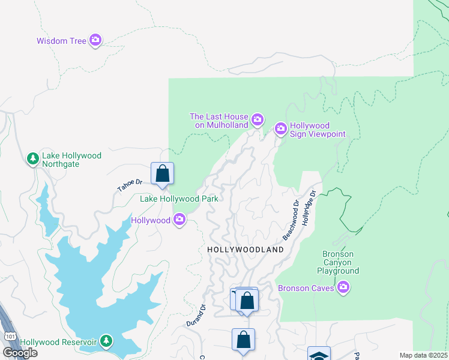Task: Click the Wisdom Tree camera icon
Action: (x=95, y=40)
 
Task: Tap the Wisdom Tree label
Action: (x=62, y=41)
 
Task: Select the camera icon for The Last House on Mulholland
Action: (x=257, y=120)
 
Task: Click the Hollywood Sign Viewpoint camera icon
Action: (x=280, y=128)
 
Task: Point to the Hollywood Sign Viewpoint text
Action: (x=318, y=130)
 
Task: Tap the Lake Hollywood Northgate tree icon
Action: (x=32, y=159)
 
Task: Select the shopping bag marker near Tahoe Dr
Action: (x=162, y=174)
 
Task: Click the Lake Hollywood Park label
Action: (x=178, y=199)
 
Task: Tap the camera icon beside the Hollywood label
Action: (x=179, y=220)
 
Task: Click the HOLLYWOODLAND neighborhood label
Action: (x=245, y=249)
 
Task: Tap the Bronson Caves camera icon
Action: (x=343, y=288)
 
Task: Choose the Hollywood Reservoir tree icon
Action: (x=106, y=341)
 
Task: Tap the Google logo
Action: (x=20, y=353)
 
